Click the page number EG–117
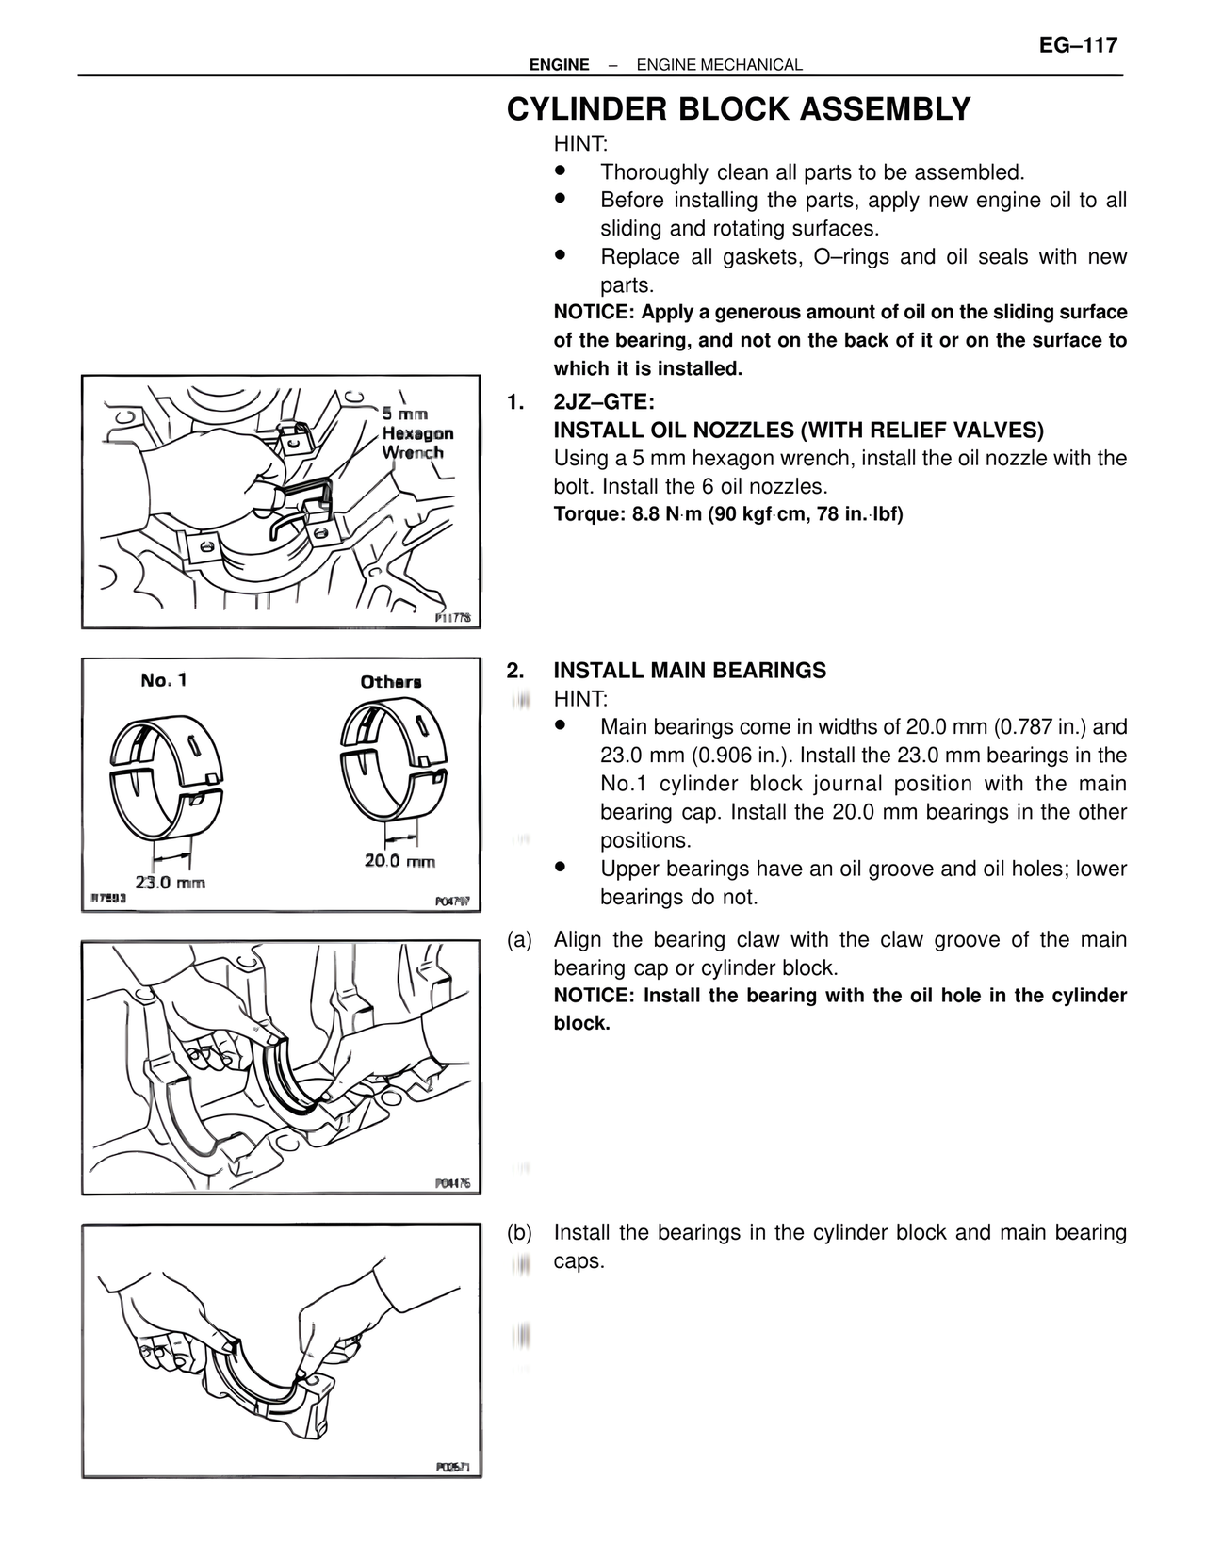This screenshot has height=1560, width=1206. tap(1078, 45)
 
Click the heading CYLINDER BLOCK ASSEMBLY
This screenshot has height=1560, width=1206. tap(739, 109)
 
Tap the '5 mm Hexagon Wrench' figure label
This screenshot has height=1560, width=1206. tap(417, 433)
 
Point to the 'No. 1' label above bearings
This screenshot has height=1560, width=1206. tap(164, 679)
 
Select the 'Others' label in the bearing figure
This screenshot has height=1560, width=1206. tap(390, 681)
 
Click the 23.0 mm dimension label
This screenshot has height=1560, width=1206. tap(170, 883)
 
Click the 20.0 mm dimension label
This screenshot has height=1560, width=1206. tap(399, 860)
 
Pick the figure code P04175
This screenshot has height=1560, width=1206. tap(452, 1183)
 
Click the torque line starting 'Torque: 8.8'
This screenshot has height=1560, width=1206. tap(727, 515)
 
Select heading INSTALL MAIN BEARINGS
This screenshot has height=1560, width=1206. tap(689, 671)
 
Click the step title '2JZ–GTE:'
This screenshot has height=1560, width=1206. tap(603, 402)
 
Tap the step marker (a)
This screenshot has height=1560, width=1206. tap(519, 939)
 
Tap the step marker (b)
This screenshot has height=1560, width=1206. tap(519, 1232)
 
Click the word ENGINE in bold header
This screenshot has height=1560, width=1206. tap(559, 65)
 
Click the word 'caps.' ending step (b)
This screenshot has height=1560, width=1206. tap(578, 1260)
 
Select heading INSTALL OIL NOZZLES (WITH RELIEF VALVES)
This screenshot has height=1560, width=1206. tap(798, 431)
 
